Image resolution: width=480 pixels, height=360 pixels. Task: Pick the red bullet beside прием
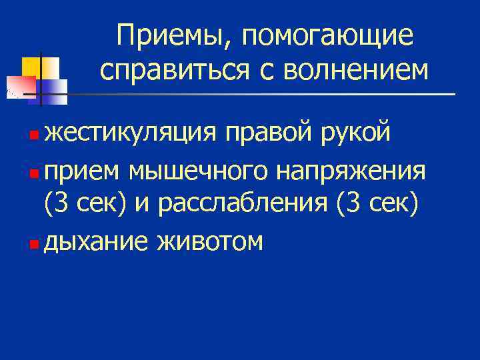35,172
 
